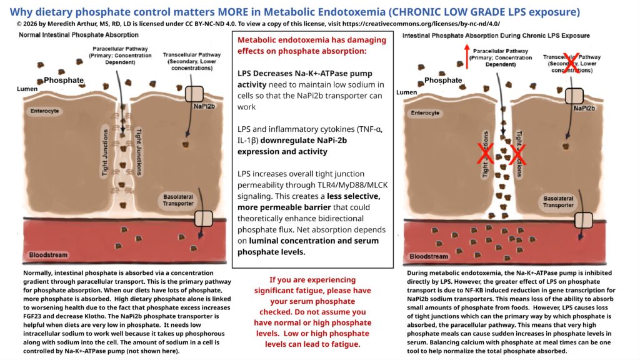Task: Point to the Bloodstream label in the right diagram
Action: pyautogui.click(x=429, y=256)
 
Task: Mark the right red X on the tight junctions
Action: pyautogui.click(x=517, y=154)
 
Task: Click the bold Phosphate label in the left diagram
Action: pyautogui.click(x=64, y=80)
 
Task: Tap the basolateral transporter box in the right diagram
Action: pyautogui.click(x=584, y=221)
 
